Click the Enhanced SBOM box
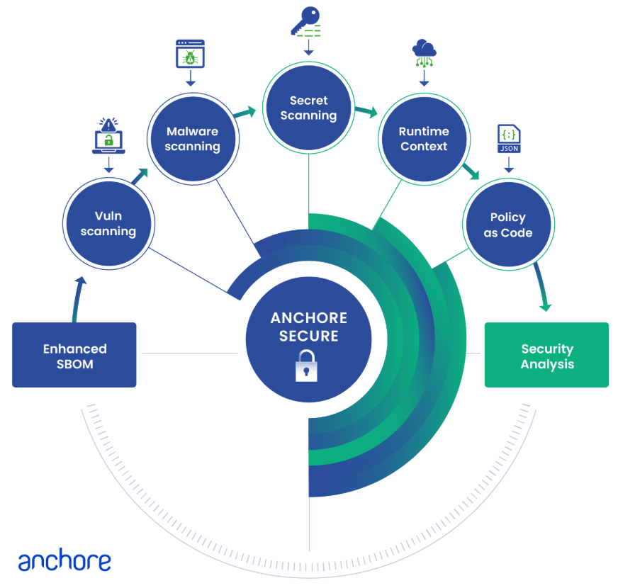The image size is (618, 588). pyautogui.click(x=74, y=355)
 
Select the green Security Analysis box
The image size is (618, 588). pyautogui.click(x=546, y=355)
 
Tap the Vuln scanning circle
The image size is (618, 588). pyautogui.click(x=108, y=224)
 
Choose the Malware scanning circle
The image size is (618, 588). pyautogui.click(x=193, y=139)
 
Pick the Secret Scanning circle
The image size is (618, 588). pyautogui.click(x=308, y=108)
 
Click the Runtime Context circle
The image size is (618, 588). pyautogui.click(x=424, y=139)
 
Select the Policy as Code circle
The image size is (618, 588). pyautogui.click(x=508, y=224)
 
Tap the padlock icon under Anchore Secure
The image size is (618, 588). pyautogui.click(x=306, y=366)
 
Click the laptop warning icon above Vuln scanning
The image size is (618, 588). pyautogui.click(x=108, y=136)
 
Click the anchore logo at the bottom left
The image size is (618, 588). pyautogui.click(x=64, y=562)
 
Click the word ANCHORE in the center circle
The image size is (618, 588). pyautogui.click(x=309, y=317)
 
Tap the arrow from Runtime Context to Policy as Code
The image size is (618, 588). pyautogui.click(x=470, y=171)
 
